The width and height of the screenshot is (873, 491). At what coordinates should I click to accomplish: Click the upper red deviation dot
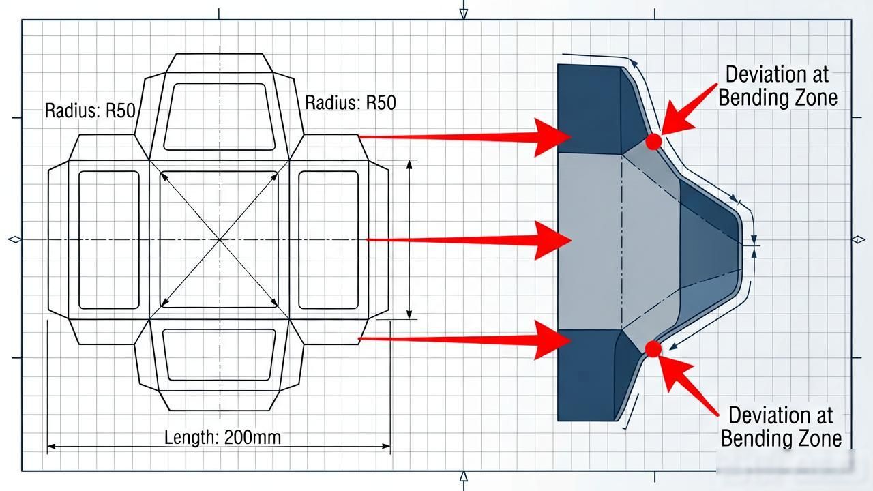pyautogui.click(x=653, y=142)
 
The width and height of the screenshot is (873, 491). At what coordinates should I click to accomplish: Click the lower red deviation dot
pyautogui.click(x=653, y=348)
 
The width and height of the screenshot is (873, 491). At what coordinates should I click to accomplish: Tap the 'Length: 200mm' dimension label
pyautogui.click(x=222, y=437)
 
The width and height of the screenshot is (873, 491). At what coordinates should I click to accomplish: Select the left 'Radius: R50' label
pyautogui.click(x=90, y=110)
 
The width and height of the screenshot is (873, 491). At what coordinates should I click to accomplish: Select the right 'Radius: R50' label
pyautogui.click(x=351, y=102)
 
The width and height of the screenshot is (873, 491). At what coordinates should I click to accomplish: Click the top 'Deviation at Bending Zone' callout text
pyautogui.click(x=778, y=86)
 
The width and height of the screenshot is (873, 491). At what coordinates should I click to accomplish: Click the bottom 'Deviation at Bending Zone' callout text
pyautogui.click(x=781, y=426)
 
